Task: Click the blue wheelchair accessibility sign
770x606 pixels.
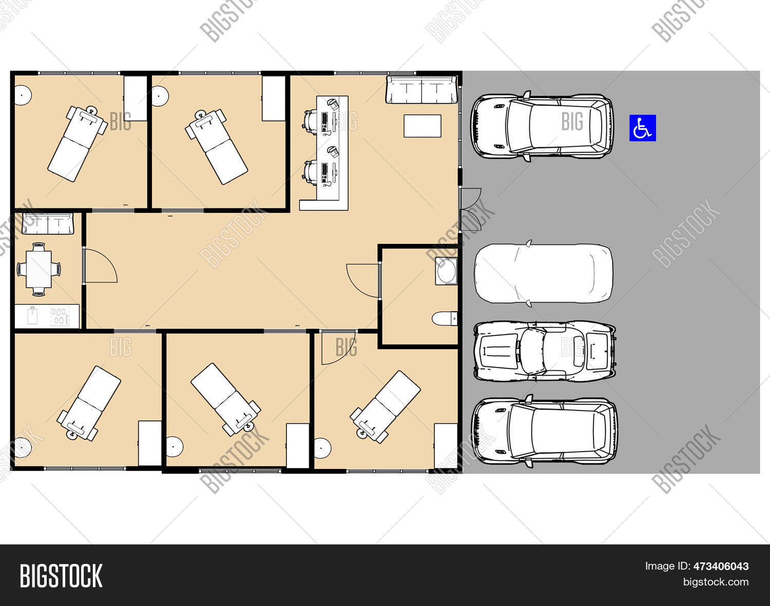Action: (643, 128)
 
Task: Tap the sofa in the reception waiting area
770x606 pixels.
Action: (421, 90)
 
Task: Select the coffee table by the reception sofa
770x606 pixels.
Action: (422, 126)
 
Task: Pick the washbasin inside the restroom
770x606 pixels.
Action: (446, 271)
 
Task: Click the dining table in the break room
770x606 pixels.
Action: (38, 269)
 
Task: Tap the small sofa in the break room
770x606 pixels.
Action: (48, 224)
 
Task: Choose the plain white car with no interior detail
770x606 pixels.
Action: (543, 273)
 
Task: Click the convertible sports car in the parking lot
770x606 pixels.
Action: (544, 351)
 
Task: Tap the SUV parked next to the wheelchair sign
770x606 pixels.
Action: (542, 126)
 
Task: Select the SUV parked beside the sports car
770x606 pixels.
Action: (544, 431)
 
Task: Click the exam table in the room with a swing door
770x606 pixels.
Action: (385, 406)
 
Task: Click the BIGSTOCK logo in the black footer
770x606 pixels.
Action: (61, 576)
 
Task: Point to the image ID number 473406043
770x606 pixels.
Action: (721, 566)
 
